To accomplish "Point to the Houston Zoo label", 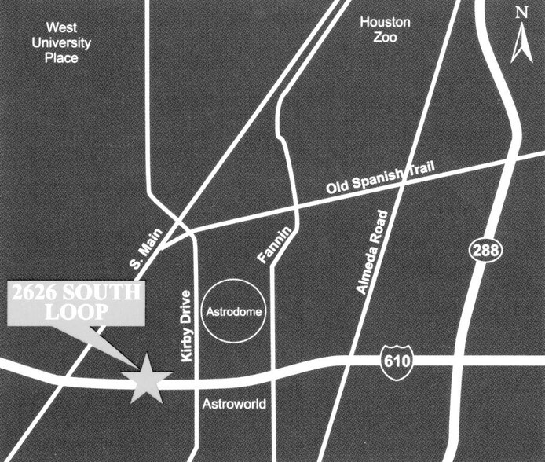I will point(385,30).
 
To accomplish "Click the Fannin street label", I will point(272,244).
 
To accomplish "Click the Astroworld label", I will point(235,405).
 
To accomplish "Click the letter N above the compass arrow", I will point(521,12).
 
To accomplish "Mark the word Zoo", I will point(385,38).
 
